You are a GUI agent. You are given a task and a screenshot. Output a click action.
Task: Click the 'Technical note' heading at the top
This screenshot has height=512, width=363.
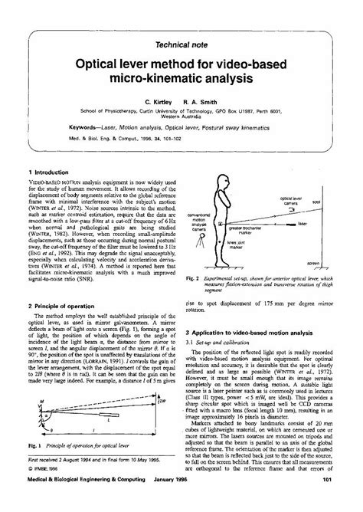click(181, 46)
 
